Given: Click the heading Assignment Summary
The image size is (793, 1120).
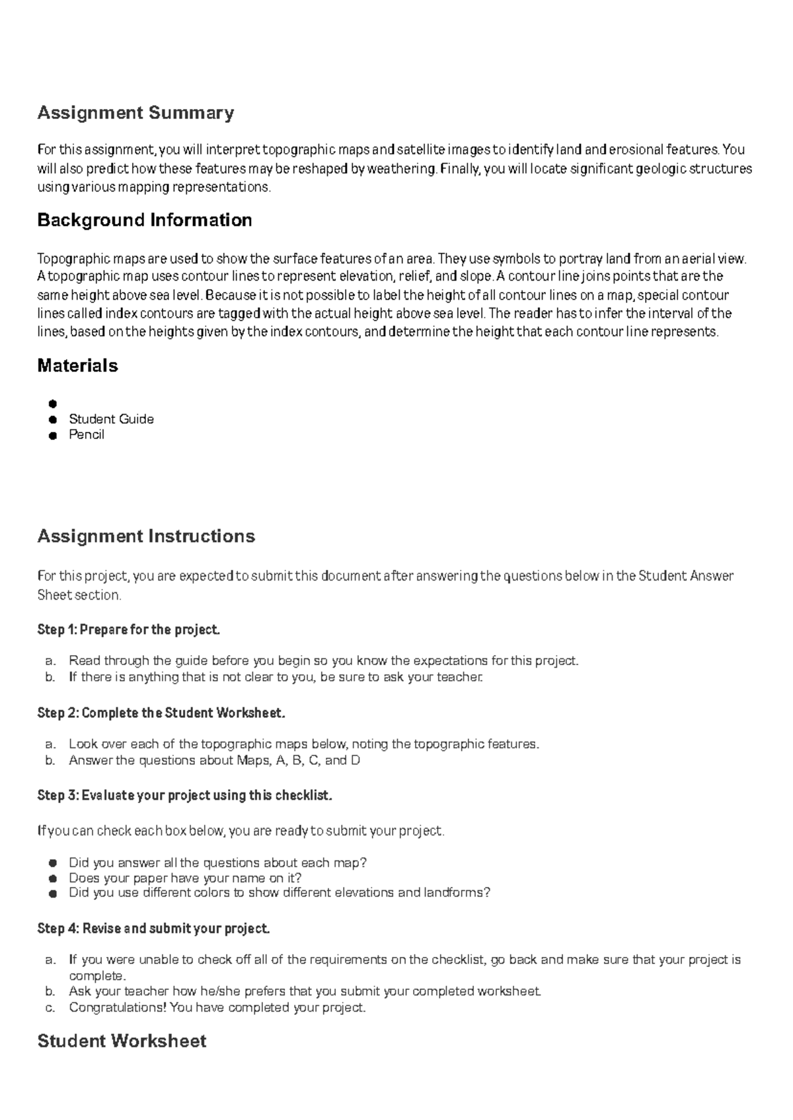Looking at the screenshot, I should [135, 113].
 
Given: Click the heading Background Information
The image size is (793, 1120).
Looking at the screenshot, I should [144, 220].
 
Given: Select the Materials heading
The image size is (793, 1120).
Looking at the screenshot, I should [77, 365].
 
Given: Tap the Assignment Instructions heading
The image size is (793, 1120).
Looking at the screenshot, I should [146, 536].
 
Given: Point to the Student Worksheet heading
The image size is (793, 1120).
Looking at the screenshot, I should [122, 1041].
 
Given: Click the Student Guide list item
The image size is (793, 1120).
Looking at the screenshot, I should [111, 419].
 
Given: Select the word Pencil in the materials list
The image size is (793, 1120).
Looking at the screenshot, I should [87, 435].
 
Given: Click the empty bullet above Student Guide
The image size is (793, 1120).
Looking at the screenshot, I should [52, 403].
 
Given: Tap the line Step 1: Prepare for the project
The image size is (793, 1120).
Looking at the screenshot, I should [128, 629].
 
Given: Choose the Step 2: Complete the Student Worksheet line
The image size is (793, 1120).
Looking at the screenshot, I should [162, 713].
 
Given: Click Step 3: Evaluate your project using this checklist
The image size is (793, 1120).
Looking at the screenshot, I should [184, 795].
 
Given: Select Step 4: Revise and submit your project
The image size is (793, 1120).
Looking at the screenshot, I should [153, 928].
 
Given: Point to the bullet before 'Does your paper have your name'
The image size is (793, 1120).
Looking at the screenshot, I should [52, 878].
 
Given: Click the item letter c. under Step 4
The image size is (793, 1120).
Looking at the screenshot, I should [50, 1008].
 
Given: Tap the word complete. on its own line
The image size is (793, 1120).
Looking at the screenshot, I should [97, 975].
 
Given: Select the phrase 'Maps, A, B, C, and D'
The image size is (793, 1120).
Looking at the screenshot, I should [298, 760].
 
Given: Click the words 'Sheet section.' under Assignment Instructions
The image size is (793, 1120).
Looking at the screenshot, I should [79, 595].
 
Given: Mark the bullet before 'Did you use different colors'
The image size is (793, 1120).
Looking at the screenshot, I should [52, 893].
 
